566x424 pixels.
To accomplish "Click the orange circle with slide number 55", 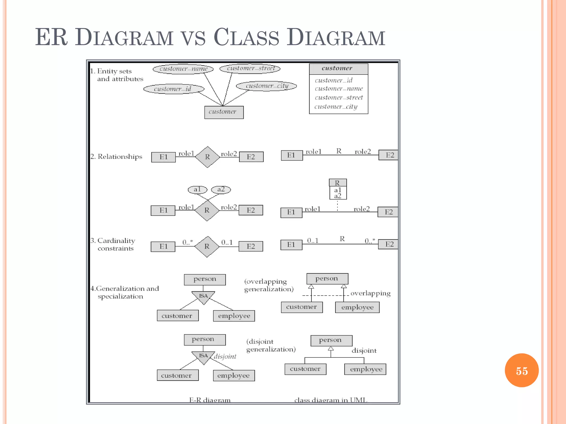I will pos(522,370).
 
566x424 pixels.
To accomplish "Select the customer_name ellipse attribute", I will pos(183,69).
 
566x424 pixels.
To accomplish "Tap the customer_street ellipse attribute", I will pos(250,68).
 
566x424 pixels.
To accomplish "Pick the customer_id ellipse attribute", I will pos(174,89).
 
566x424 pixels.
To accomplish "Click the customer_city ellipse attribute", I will pos(267,86).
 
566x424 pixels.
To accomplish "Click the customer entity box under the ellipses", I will pos(224,112).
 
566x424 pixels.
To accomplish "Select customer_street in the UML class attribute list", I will pos(339,98).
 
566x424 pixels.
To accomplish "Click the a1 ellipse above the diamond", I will pos(197,190).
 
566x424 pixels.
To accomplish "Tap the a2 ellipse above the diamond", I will pos(221,190).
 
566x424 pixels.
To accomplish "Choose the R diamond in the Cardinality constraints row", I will pos(207,247).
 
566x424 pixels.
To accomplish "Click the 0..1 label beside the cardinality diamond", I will pos(227,242).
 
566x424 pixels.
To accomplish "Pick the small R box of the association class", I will pos(337,183).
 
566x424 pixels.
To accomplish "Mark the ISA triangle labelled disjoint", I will pos(203,357).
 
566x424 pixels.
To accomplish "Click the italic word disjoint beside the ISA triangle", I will pos(225,357).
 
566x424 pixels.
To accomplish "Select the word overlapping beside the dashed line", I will pos(370,293).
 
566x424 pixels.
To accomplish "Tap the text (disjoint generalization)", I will pos(271,346).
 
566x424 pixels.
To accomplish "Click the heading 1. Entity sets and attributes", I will pos(117,75).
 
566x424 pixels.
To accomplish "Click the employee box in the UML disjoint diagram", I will pos(365,369).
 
